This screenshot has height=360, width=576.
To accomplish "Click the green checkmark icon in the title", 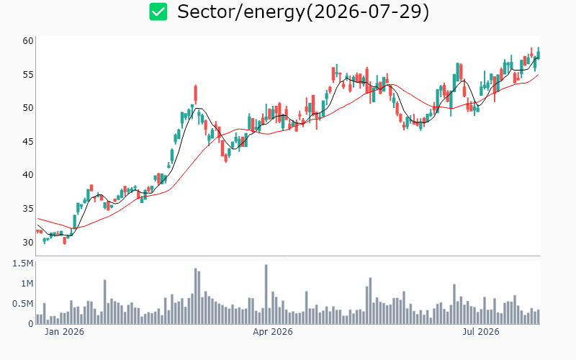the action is pyautogui.click(x=158, y=12).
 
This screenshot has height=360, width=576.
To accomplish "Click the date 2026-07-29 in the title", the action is pyautogui.click(x=367, y=12).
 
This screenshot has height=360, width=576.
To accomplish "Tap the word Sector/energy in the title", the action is pyautogui.click(x=241, y=12).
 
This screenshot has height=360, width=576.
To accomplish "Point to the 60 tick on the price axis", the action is pyautogui.click(x=28, y=41).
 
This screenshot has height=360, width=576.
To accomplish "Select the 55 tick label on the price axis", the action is pyautogui.click(x=28, y=75).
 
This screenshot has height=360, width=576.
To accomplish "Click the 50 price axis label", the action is pyautogui.click(x=28, y=108).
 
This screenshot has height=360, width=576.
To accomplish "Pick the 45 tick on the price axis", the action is pyautogui.click(x=28, y=141).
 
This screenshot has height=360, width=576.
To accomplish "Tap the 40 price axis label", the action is pyautogui.click(x=28, y=175).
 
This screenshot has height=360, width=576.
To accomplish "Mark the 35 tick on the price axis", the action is pyautogui.click(x=28, y=209).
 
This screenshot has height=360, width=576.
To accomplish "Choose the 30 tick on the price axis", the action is pyautogui.click(x=28, y=242).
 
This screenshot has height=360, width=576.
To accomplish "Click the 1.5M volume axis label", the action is pyautogui.click(x=23, y=264).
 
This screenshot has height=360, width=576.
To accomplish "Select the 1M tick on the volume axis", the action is pyautogui.click(x=27, y=283).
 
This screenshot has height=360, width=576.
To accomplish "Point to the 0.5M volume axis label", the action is pyautogui.click(x=23, y=303).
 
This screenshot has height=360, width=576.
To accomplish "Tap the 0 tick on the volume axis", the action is pyautogui.click(x=31, y=323).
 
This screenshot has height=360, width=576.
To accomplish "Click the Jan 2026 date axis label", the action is pyautogui.click(x=64, y=332).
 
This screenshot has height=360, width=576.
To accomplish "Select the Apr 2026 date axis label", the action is pyautogui.click(x=273, y=332).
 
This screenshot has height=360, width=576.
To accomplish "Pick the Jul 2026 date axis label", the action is pyautogui.click(x=481, y=332).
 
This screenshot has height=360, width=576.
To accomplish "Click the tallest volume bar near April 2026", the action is pyautogui.click(x=266, y=294).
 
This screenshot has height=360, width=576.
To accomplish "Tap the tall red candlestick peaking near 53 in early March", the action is pyautogui.click(x=195, y=94).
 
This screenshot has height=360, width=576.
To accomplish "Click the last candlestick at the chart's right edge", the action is pyautogui.click(x=539, y=53).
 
